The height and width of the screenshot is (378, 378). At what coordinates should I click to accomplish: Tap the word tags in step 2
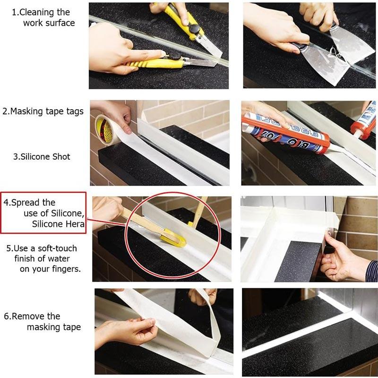72,112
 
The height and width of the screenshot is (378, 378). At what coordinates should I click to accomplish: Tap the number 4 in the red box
7,202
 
